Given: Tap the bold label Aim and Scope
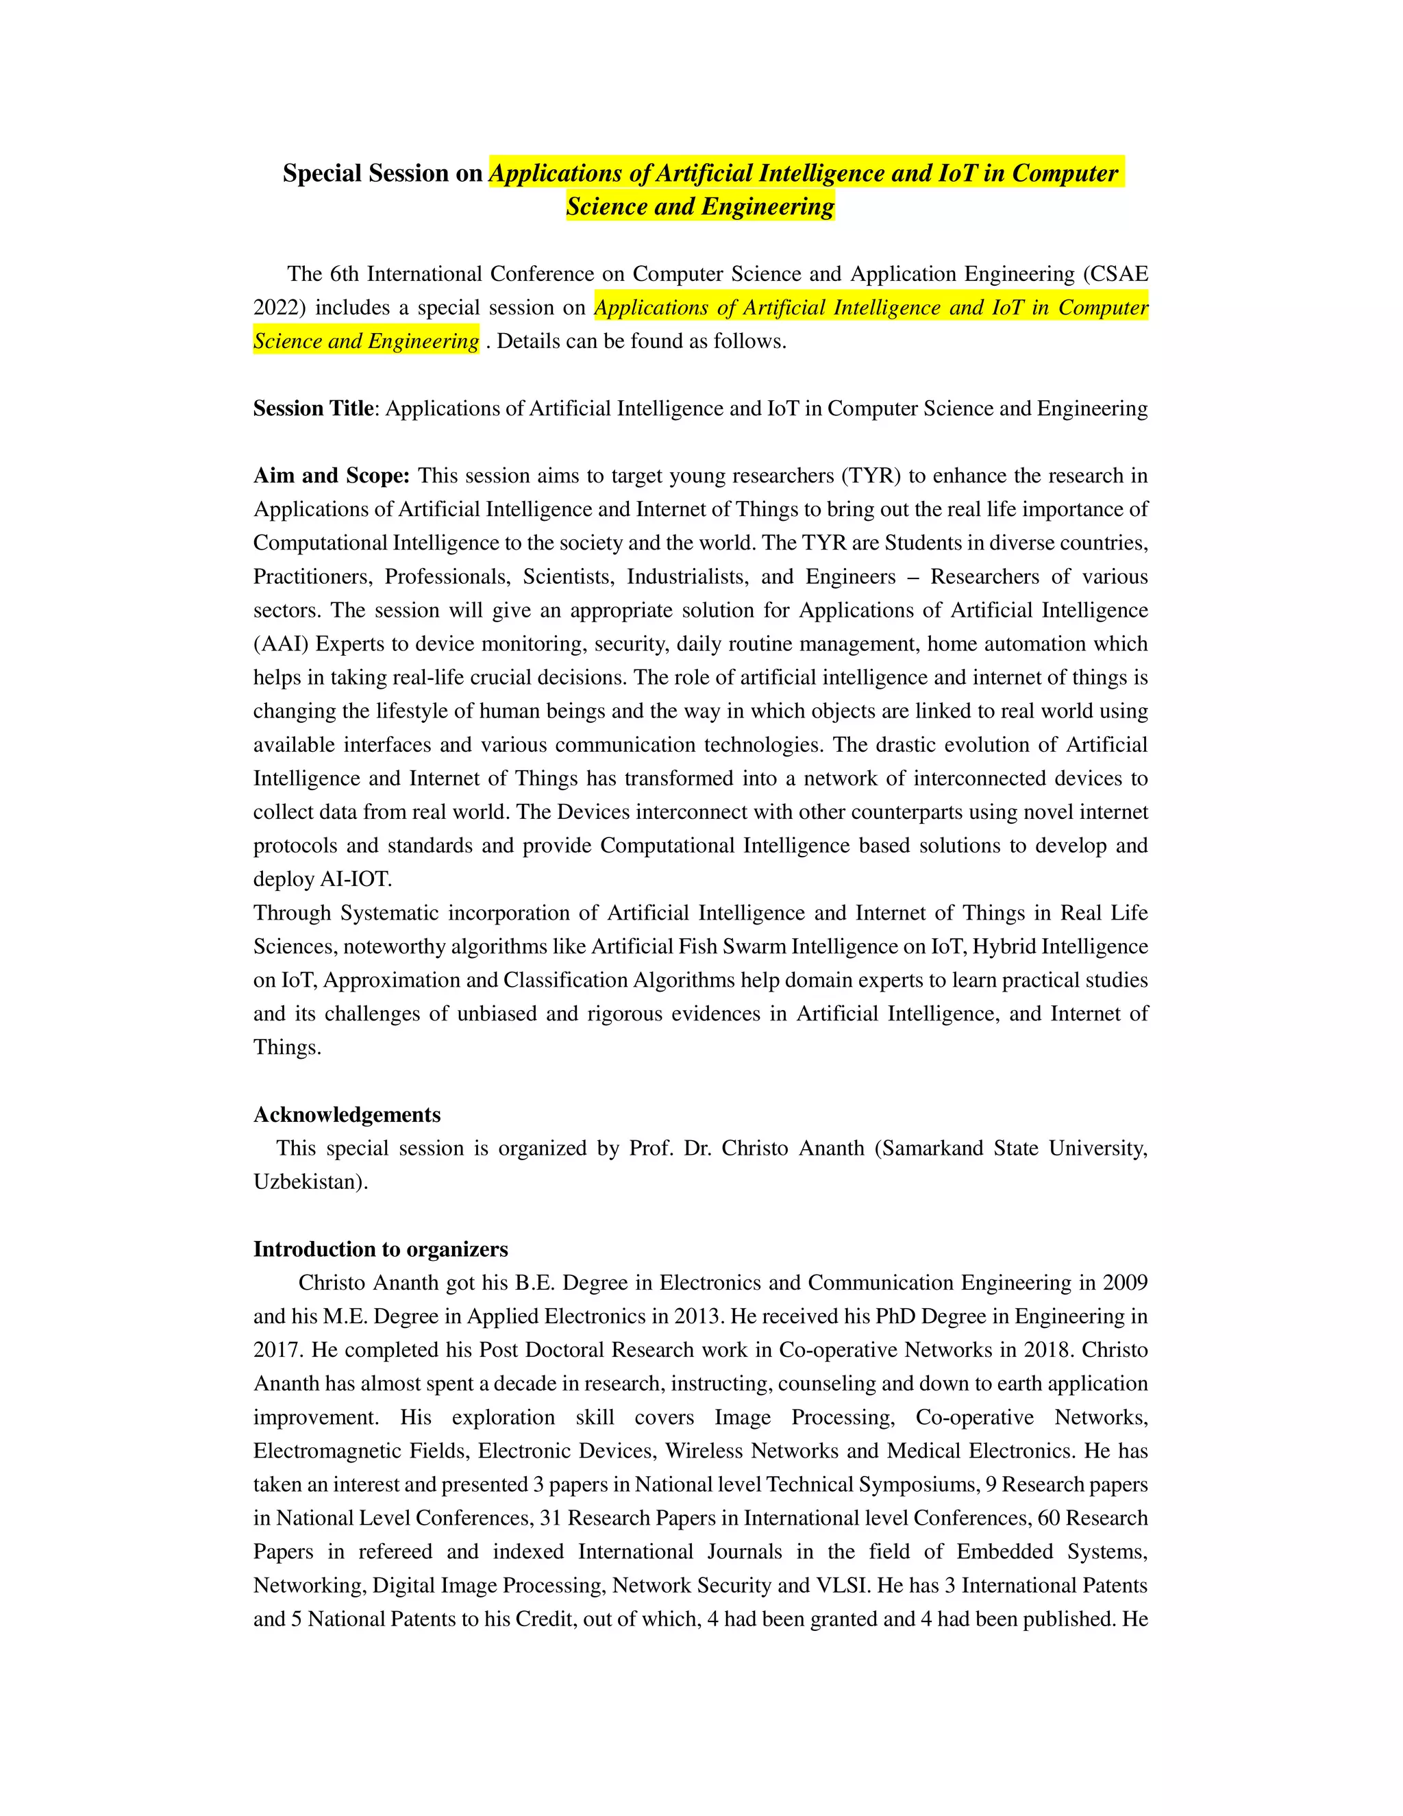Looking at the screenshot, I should click(331, 476).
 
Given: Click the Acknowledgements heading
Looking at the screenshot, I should click(347, 1114).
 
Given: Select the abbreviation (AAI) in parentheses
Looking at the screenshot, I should click(280, 643).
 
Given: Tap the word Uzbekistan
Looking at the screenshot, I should click(308, 1181).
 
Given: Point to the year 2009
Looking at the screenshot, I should click(1125, 1282).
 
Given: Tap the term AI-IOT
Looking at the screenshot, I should click(356, 879).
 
